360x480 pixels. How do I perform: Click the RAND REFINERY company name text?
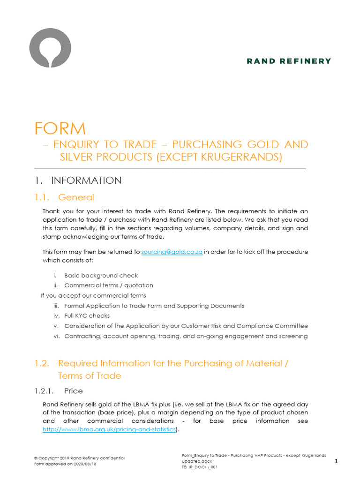[x=289, y=61]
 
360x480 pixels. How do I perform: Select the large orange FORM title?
[x=60, y=128]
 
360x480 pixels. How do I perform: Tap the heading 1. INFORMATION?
[x=78, y=180]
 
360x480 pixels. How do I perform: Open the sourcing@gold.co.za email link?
[x=172, y=252]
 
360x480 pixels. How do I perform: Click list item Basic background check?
[x=101, y=275]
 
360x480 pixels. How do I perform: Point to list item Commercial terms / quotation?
[x=108, y=285]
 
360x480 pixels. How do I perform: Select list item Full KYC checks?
[x=87, y=315]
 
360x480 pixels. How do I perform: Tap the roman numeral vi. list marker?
[x=56, y=336]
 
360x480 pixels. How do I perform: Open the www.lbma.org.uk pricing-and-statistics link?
[x=109, y=429]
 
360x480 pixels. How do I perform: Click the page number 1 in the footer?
[x=336, y=462]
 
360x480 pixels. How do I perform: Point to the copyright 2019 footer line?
[x=79, y=458]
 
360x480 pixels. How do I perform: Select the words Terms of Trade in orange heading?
[x=89, y=375]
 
